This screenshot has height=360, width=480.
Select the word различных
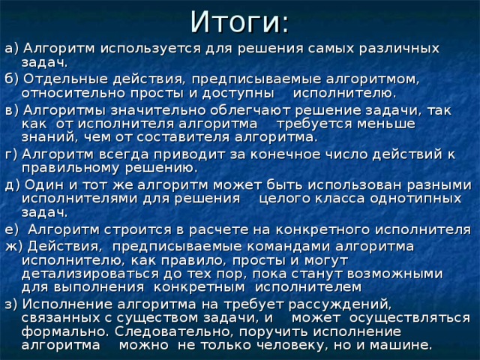(x=397, y=47)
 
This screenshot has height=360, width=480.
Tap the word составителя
(x=166, y=138)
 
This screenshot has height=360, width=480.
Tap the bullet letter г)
(x=9, y=154)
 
